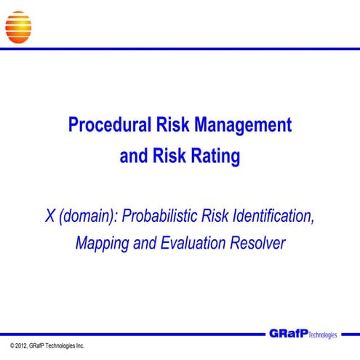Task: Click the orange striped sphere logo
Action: point(18,26)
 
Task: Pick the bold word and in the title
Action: point(133,156)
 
